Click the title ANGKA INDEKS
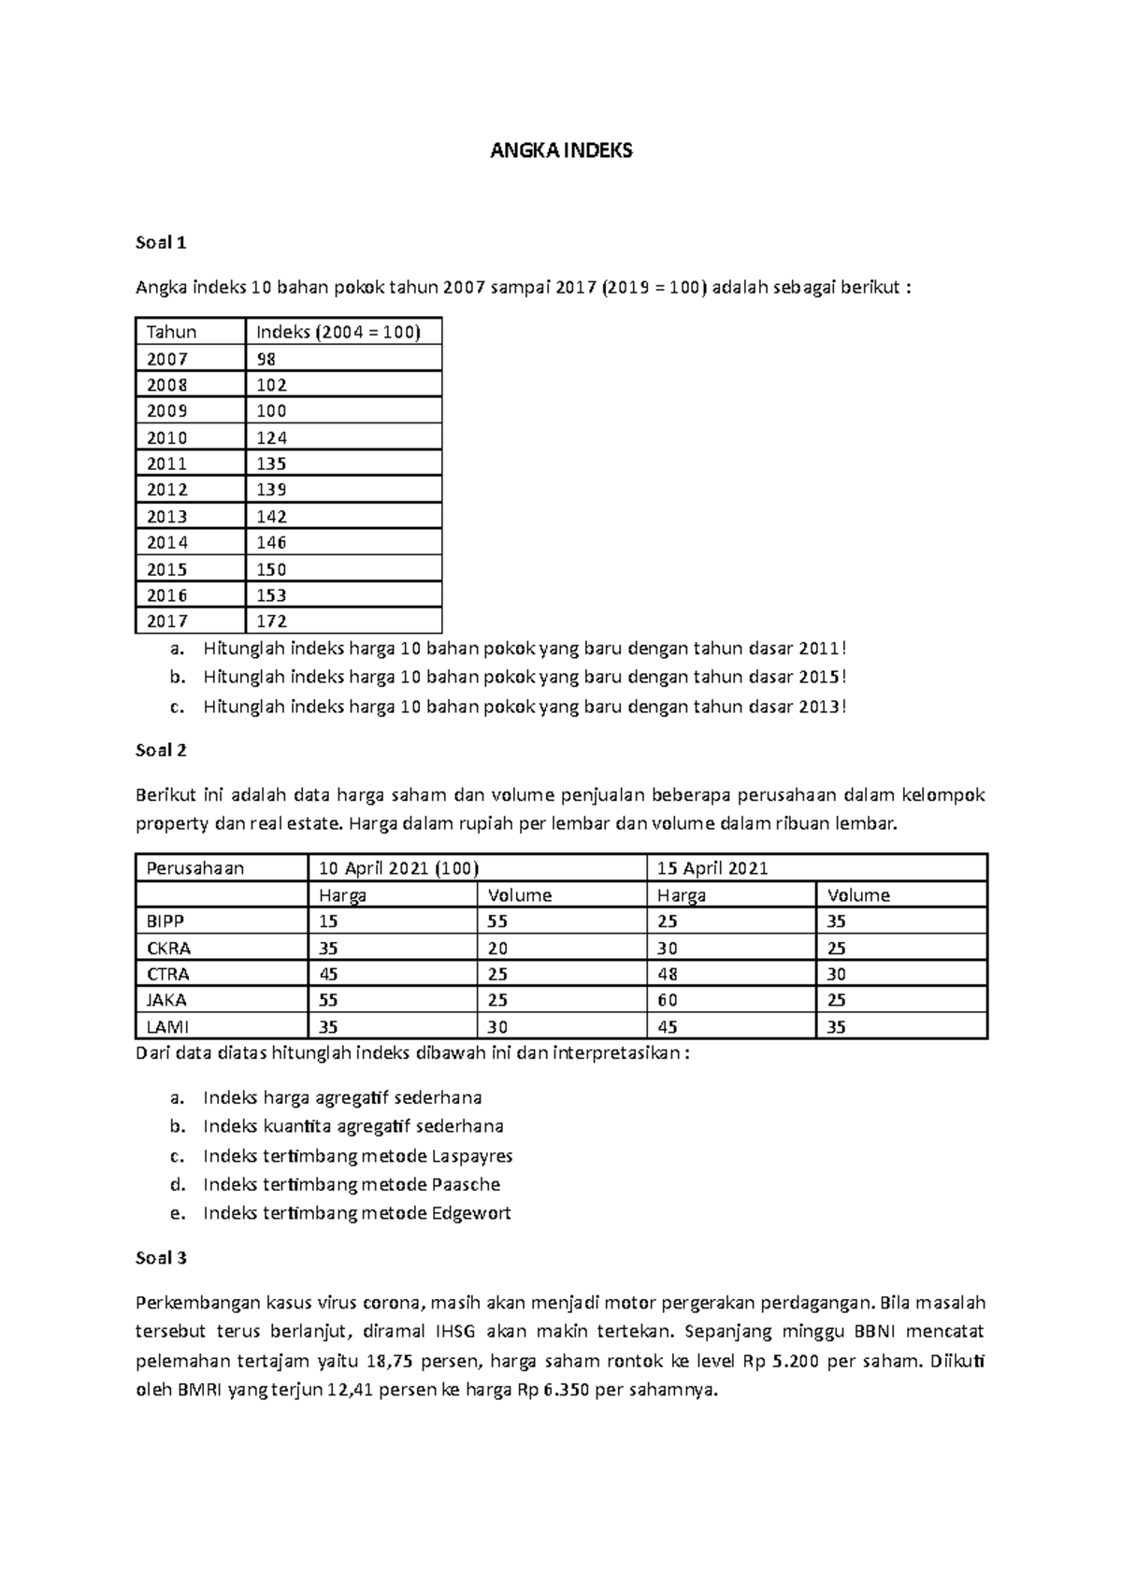(x=561, y=150)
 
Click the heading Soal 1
(x=161, y=243)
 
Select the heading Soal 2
(x=161, y=750)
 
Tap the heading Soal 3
(x=161, y=1258)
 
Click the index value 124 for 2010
(x=271, y=437)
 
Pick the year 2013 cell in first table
(x=167, y=516)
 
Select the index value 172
(x=271, y=621)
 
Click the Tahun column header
(x=171, y=332)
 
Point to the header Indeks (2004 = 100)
(x=338, y=332)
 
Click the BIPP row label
(x=165, y=921)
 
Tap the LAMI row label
(x=167, y=1026)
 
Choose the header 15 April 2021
(x=712, y=868)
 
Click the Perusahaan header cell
(x=195, y=868)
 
